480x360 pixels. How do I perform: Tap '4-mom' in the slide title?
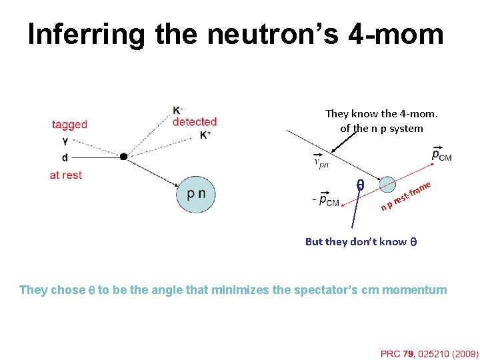tap(395, 35)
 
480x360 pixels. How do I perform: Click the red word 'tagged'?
tap(69, 124)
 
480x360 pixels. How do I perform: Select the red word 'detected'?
tap(195, 121)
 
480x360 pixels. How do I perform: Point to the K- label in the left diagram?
tap(178, 110)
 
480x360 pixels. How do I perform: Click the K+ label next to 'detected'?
tap(205, 135)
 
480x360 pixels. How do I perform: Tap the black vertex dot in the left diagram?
tap(123, 157)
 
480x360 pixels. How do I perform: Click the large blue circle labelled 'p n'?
tap(196, 194)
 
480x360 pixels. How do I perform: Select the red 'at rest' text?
tap(66, 175)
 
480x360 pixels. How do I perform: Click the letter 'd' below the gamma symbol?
tap(64, 157)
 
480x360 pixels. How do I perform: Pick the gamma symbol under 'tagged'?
tap(64, 141)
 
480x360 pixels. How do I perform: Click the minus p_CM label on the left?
tap(325, 199)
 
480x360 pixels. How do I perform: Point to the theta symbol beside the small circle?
tap(360, 186)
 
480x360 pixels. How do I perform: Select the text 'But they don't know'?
tap(355, 241)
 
